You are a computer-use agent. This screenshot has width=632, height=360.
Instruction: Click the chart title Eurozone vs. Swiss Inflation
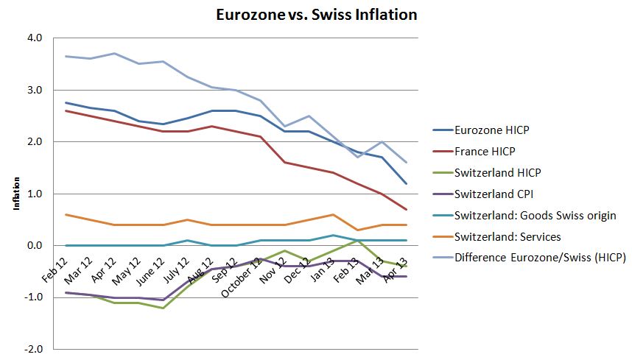315,14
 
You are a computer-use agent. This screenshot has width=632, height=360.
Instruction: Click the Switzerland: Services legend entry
508,236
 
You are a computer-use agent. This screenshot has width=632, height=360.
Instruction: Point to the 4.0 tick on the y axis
35,38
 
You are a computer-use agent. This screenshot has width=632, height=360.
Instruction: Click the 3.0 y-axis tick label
35,90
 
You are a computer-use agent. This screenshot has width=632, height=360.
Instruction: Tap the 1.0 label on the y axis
35,194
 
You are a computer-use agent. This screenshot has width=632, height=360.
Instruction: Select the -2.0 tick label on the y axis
34,349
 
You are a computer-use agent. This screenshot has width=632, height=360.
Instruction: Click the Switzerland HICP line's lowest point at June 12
163,308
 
